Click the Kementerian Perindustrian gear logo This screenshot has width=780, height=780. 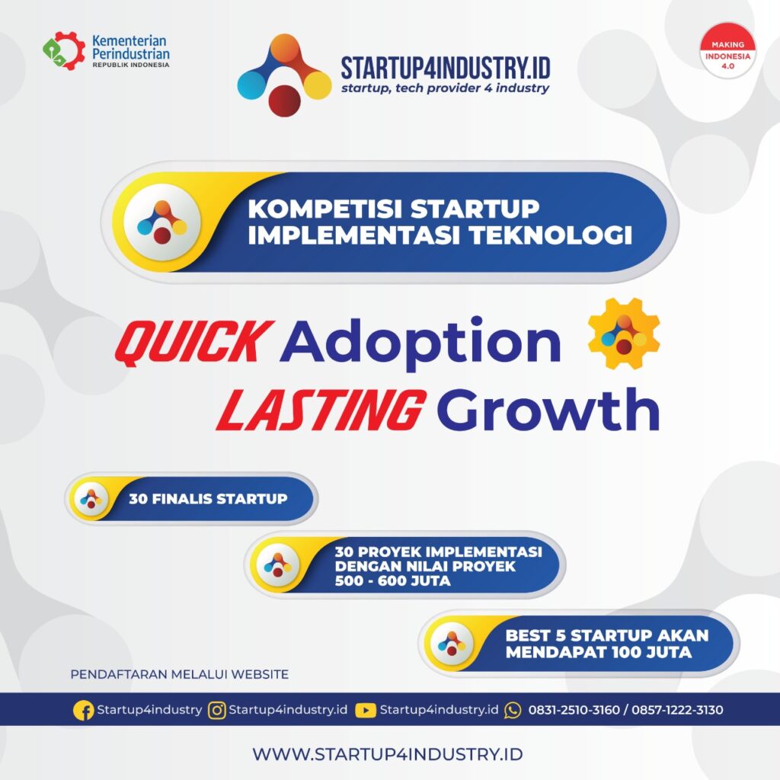pyautogui.click(x=64, y=50)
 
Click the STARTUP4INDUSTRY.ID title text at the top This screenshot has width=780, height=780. pyautogui.click(x=445, y=68)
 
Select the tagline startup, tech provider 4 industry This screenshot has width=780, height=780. pyautogui.click(x=445, y=88)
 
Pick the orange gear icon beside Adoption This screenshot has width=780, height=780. pyautogui.click(x=624, y=334)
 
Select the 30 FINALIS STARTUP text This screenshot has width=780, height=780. pyautogui.click(x=208, y=500)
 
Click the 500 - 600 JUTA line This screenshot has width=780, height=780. pyautogui.click(x=392, y=581)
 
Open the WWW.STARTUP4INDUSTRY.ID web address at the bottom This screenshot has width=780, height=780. pyautogui.click(x=388, y=754)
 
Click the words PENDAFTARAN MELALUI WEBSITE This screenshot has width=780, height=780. pyautogui.click(x=180, y=674)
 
